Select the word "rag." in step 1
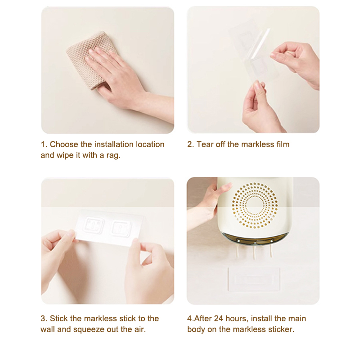(113, 155)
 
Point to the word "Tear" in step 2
(205, 144)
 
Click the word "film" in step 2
(283, 144)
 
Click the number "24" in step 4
(218, 319)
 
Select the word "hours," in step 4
(237, 319)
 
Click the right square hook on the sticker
(121, 228)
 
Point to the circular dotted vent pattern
(254, 206)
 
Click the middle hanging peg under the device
(254, 252)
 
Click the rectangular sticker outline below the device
(254, 279)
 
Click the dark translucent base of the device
(254, 239)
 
